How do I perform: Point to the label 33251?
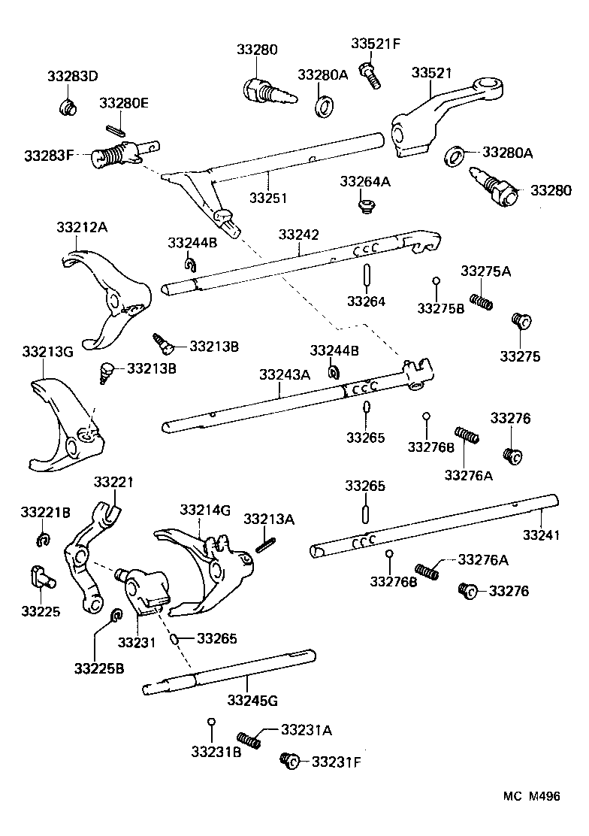pos(268,198)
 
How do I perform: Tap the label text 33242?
pos(299,235)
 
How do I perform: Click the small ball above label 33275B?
pos(436,282)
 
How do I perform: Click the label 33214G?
pos(204,510)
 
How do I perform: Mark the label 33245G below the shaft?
pos(252,701)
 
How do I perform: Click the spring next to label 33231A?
pos(249,739)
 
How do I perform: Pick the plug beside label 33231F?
pos(289,761)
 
